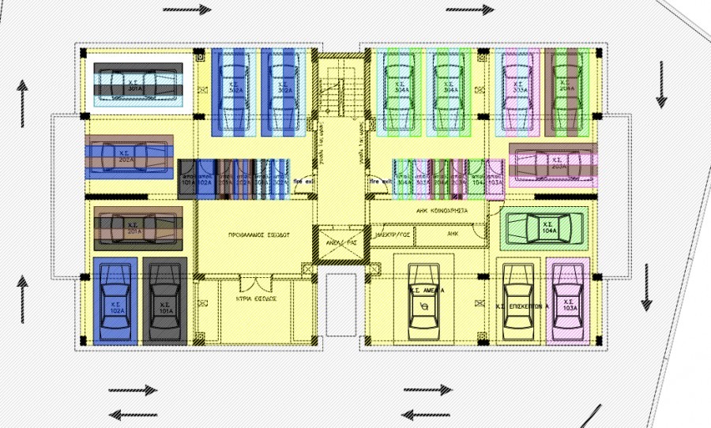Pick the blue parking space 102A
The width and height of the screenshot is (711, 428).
click(115, 300)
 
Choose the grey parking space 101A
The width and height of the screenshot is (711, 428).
click(165, 300)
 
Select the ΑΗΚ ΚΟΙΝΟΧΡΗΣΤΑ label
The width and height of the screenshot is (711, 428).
click(442, 212)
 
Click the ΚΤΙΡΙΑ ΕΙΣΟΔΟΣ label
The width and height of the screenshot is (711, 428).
click(255, 301)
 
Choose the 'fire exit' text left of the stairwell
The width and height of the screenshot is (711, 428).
click(303, 182)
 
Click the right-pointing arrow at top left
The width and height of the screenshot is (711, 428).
click(189, 10)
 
